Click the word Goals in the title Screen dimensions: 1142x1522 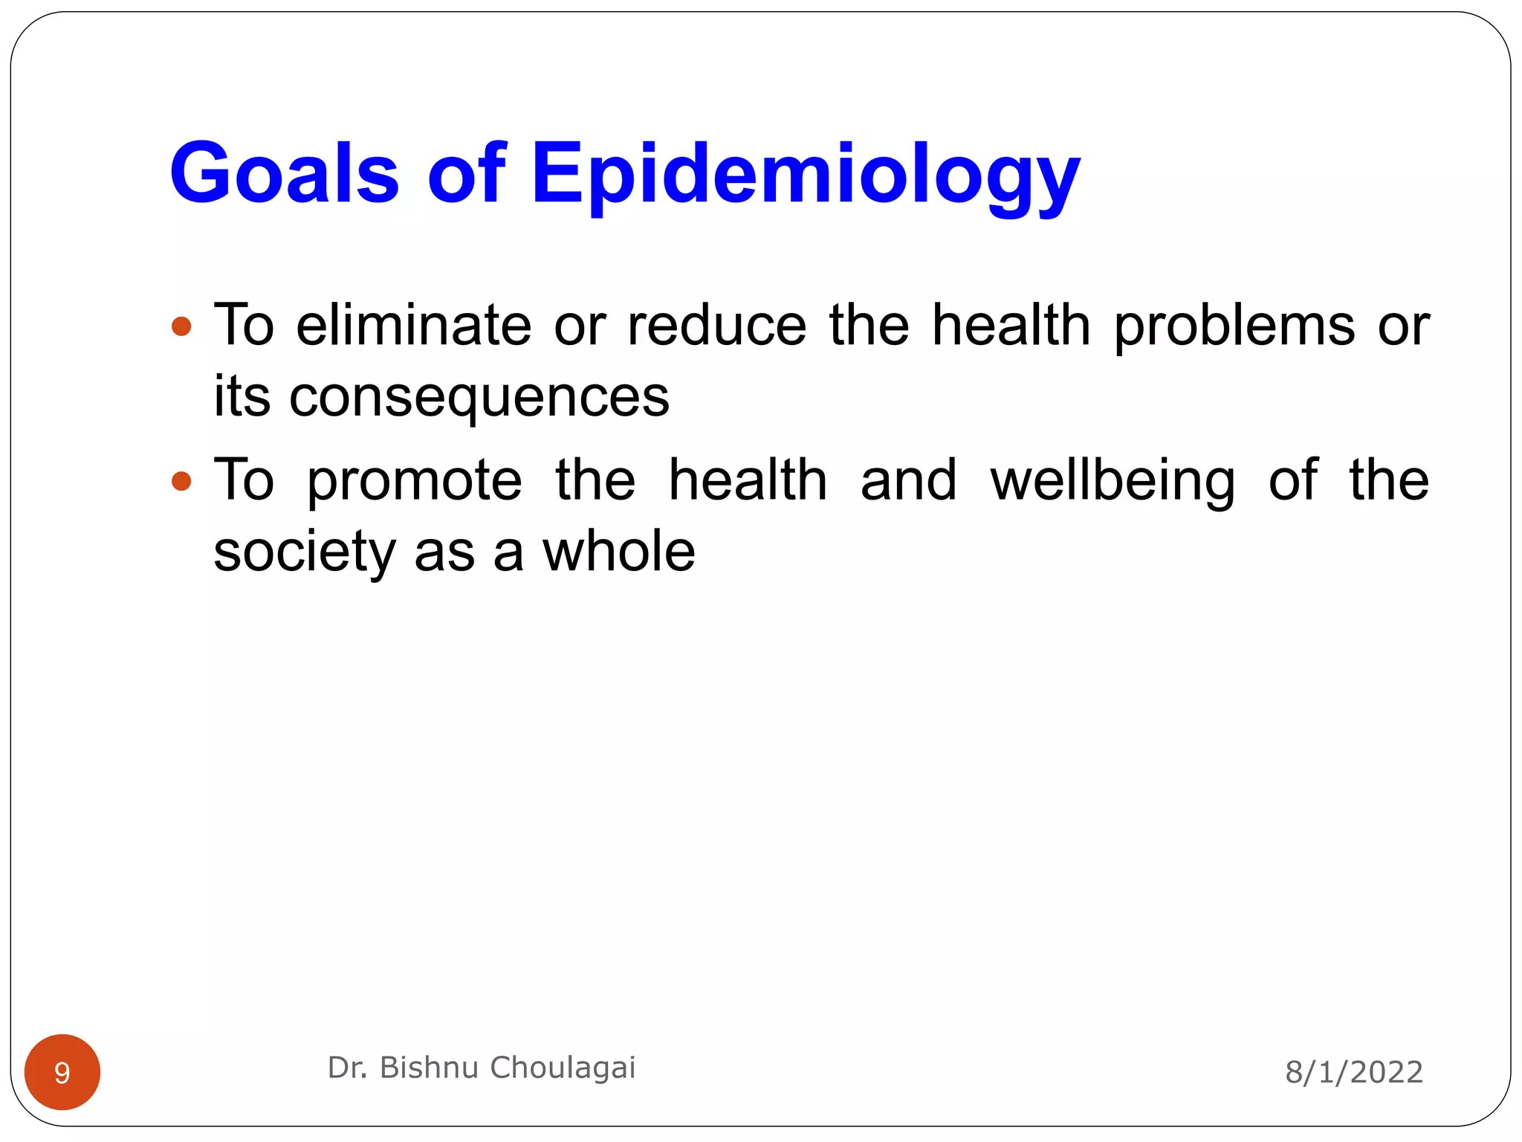click(x=284, y=174)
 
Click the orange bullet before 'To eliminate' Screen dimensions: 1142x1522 click(x=181, y=326)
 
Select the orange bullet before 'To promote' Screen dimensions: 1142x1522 click(x=181, y=481)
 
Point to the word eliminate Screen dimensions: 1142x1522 click(x=413, y=325)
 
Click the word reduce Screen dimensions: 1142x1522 click(x=716, y=325)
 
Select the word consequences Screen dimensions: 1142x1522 click(x=479, y=398)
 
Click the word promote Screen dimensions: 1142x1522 click(x=415, y=482)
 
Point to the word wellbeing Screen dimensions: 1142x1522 click(x=1113, y=482)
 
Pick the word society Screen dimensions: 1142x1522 click(x=305, y=553)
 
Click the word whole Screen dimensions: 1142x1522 click(x=618, y=552)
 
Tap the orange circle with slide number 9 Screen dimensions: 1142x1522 click(x=62, y=1072)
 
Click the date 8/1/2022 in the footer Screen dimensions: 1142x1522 click(x=1354, y=1072)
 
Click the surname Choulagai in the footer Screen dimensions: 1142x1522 click(x=563, y=1068)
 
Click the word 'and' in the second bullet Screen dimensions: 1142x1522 click(x=908, y=480)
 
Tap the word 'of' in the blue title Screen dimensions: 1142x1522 click(x=466, y=174)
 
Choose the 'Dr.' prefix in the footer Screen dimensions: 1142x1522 click(x=347, y=1068)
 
